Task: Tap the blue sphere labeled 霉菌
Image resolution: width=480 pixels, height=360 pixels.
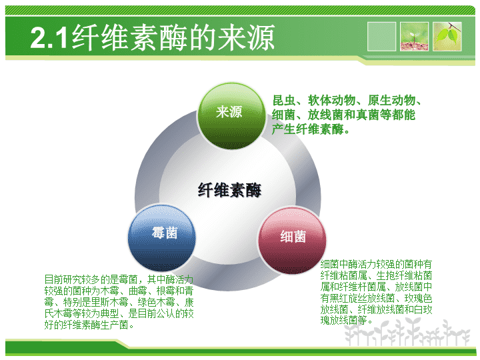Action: tap(164, 235)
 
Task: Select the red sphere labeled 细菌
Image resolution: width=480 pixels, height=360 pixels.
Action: tap(293, 237)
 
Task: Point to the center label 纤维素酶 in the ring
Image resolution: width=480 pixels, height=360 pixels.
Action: tap(229, 191)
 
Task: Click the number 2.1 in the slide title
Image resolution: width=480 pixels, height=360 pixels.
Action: tap(49, 39)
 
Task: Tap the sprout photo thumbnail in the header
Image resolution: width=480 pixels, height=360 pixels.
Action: tap(414, 36)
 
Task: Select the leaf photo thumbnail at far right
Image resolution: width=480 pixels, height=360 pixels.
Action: tap(447, 36)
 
